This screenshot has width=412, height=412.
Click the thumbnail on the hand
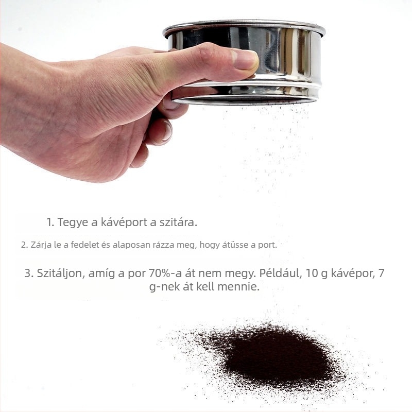(x=245, y=60)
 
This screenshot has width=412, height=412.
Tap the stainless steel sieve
(x=244, y=62)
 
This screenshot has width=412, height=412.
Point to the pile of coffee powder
(x=273, y=357)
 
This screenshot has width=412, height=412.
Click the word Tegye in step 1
(x=73, y=222)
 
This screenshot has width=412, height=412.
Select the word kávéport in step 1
(x=124, y=222)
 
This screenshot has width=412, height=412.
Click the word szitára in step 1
(x=178, y=222)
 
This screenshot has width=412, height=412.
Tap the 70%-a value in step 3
(x=165, y=273)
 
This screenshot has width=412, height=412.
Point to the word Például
(x=280, y=273)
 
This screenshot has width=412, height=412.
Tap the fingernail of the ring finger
(x=168, y=131)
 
